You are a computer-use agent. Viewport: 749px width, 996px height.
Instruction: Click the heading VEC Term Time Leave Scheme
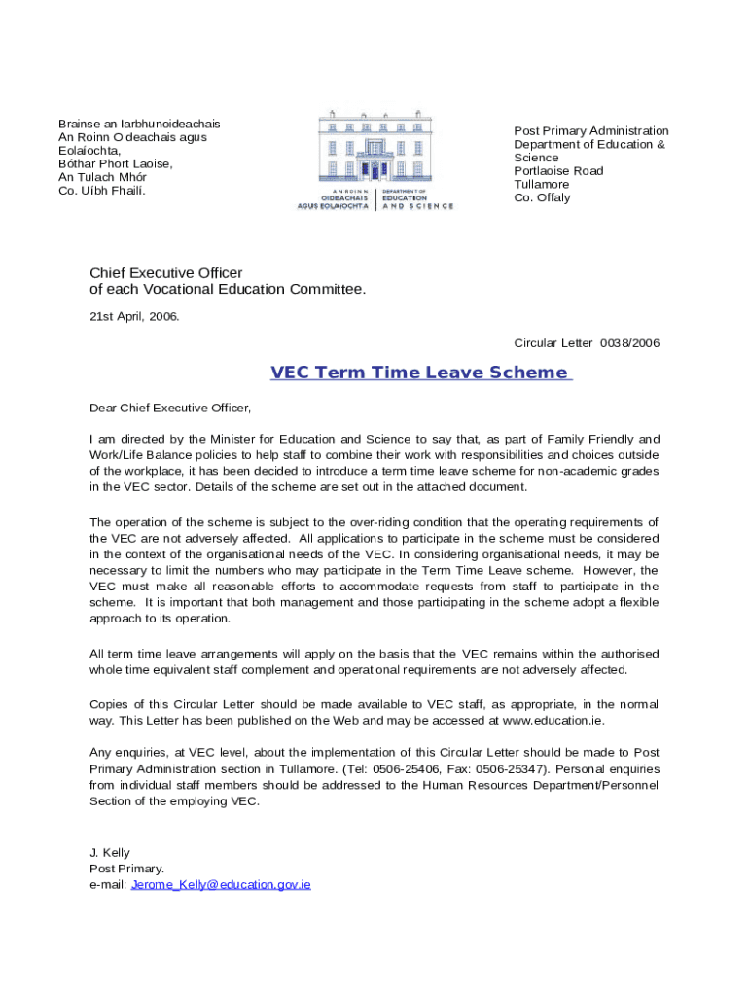[419, 373]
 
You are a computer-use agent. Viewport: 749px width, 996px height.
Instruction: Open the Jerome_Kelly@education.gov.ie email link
[221, 885]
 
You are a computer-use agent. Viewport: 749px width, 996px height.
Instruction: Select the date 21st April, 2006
[134, 316]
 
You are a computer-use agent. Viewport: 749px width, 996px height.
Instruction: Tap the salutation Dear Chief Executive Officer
[170, 408]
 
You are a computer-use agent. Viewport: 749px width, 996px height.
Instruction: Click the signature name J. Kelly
[110, 853]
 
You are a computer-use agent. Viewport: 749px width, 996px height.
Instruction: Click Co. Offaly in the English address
[542, 197]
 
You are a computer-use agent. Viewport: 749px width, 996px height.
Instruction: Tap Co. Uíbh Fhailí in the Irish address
[102, 191]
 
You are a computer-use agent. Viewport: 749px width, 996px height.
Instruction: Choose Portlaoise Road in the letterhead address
[558, 171]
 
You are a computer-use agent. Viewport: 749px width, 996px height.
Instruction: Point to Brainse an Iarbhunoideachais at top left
[139, 124]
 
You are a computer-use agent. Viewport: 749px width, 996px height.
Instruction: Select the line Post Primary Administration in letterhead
[591, 131]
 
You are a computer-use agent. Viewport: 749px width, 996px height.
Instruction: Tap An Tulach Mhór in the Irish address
[103, 177]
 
